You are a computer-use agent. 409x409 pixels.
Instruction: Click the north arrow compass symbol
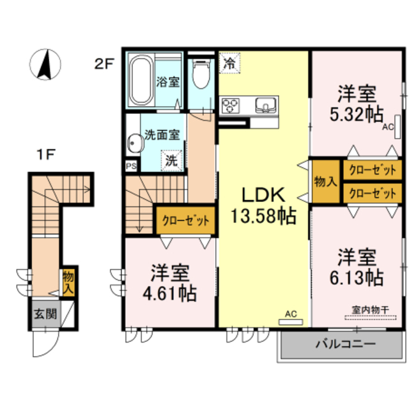45,65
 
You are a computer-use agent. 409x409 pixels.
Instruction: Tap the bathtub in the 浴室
141,80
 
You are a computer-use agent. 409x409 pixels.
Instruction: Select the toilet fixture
201,74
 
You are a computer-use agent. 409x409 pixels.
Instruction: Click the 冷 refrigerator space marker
229,63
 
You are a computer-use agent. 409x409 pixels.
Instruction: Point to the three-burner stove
230,105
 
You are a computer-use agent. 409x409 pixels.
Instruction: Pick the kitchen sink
266,105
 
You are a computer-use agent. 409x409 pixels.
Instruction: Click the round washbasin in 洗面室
135,143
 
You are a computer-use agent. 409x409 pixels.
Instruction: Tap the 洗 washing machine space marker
172,160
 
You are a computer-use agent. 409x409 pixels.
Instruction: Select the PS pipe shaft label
131,166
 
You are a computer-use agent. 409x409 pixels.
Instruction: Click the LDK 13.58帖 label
263,206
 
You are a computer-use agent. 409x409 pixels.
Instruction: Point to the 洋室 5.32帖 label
357,104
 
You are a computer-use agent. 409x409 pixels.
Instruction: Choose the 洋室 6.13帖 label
357,267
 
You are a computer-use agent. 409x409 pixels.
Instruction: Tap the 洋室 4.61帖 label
170,283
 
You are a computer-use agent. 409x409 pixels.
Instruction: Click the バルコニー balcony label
346,344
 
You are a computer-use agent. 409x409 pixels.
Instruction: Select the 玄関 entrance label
46,314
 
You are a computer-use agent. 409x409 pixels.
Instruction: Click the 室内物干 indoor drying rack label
370,310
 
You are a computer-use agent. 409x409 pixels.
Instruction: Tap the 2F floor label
104,64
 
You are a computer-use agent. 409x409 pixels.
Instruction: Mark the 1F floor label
46,155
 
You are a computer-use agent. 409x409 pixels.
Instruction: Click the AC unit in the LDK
291,322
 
